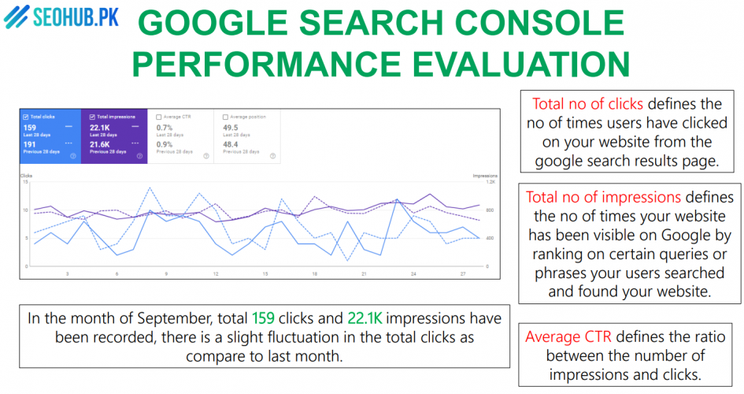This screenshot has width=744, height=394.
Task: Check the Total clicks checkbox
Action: [x=26, y=117]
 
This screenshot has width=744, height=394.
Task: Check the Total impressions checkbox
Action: [x=93, y=117]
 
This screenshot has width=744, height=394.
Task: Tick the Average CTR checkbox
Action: [x=159, y=117]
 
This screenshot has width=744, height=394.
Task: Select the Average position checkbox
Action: [x=226, y=117]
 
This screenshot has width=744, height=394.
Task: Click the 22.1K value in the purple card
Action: [x=100, y=128]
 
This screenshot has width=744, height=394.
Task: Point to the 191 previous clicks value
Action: [x=29, y=145]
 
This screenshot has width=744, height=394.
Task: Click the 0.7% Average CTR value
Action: [x=164, y=128]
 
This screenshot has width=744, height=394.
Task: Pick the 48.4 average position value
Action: [x=231, y=145]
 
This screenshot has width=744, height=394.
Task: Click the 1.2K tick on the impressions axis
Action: [x=489, y=182]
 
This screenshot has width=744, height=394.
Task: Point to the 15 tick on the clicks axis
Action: [x=26, y=182]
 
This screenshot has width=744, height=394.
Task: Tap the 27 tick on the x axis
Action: [x=463, y=273]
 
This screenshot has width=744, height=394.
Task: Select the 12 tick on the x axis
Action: [x=216, y=273]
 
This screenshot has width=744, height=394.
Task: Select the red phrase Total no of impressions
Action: [x=603, y=196]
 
